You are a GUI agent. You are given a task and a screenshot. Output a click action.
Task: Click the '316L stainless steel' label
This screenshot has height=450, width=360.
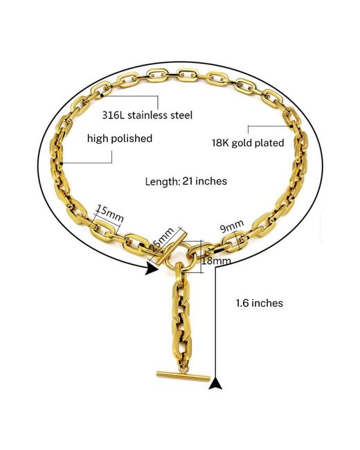click(147, 115)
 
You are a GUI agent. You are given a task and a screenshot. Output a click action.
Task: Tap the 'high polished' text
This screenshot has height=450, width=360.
click(120, 138)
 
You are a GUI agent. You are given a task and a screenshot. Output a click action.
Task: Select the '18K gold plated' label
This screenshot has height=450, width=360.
click(248, 143)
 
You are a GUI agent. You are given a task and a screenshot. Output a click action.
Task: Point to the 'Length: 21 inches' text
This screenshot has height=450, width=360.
click(186, 181)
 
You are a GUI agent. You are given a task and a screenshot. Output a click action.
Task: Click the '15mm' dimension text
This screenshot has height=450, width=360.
click(109, 213)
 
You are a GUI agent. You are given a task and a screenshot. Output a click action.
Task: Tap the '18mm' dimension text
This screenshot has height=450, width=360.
click(216, 260)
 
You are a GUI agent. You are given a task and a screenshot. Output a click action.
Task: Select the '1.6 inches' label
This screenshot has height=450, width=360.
click(259, 303)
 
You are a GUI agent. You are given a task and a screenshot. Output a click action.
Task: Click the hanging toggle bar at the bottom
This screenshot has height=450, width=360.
click(183, 376)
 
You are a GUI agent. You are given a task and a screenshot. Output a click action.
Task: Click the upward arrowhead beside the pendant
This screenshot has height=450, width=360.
click(215, 384)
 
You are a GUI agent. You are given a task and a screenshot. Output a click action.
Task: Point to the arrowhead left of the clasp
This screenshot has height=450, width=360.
click(152, 269)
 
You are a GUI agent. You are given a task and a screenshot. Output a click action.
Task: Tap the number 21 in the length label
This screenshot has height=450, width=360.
click(188, 181)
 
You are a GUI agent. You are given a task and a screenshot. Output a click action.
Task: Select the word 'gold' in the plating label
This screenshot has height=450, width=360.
click(242, 143)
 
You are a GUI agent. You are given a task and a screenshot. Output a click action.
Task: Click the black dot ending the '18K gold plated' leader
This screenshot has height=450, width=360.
click(291, 126)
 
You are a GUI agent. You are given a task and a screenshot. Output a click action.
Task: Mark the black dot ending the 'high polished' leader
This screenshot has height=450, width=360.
click(61, 163)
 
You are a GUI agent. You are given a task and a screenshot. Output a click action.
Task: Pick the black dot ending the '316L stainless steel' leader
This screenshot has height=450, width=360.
click(102, 95)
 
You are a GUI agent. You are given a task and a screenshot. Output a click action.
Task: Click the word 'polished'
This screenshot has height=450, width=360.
click(132, 138)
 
